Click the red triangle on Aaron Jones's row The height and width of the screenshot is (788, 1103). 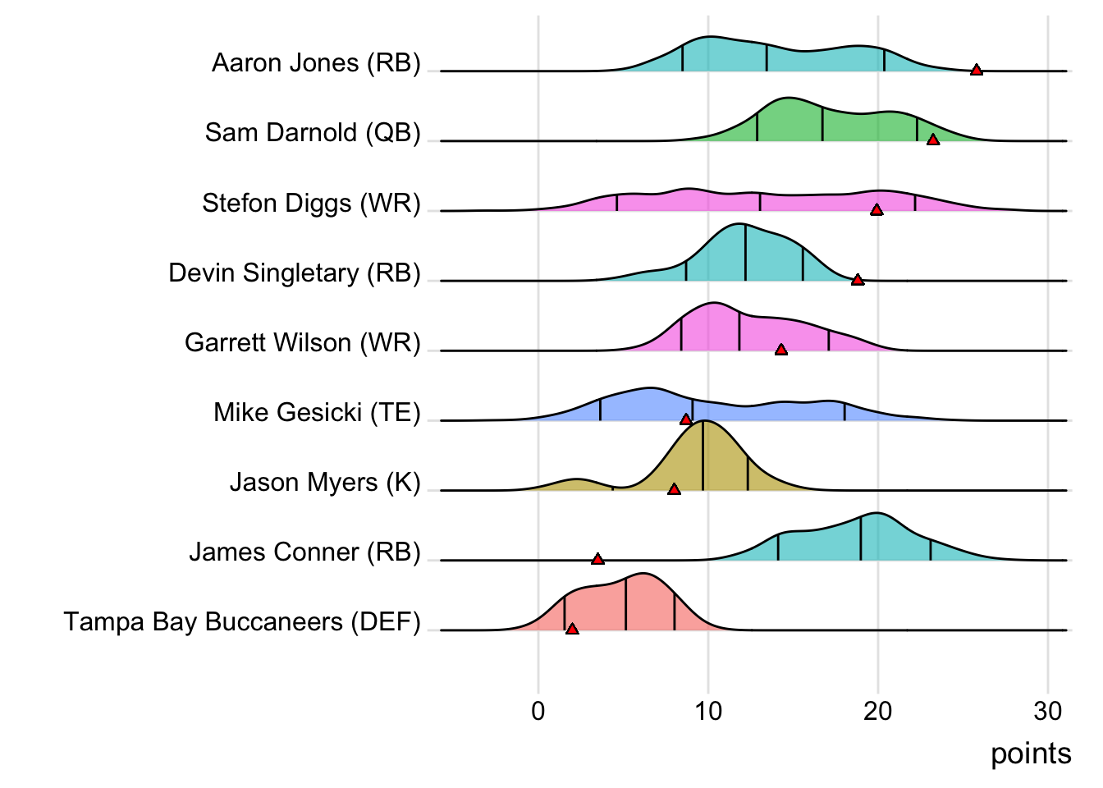click(x=977, y=70)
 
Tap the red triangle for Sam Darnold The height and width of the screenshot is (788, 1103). click(x=933, y=140)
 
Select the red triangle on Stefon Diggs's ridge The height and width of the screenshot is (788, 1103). click(x=876, y=209)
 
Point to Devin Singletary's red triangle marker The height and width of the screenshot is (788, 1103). click(x=858, y=280)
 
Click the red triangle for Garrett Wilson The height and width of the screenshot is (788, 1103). click(x=781, y=350)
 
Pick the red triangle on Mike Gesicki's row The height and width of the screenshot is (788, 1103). click(x=686, y=419)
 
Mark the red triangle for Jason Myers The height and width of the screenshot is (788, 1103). click(x=674, y=489)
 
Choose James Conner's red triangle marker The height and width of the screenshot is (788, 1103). click(x=597, y=559)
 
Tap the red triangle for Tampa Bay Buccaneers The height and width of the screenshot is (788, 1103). click(x=572, y=629)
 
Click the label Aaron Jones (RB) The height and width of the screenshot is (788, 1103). click(x=316, y=63)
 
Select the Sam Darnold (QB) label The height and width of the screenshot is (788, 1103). click(x=313, y=133)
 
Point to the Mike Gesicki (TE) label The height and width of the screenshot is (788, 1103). click(x=317, y=412)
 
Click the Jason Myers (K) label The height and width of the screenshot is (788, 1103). click(x=325, y=482)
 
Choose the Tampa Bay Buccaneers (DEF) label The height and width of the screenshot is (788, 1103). click(x=242, y=622)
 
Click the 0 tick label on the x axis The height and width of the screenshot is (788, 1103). click(x=538, y=712)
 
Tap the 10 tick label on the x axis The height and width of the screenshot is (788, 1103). click(x=708, y=712)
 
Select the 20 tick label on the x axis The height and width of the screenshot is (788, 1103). click(x=878, y=712)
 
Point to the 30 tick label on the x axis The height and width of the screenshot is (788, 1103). click(x=1048, y=712)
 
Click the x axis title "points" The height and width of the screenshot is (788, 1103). click(x=1031, y=754)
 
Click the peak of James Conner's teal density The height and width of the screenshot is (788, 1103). click(x=876, y=513)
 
